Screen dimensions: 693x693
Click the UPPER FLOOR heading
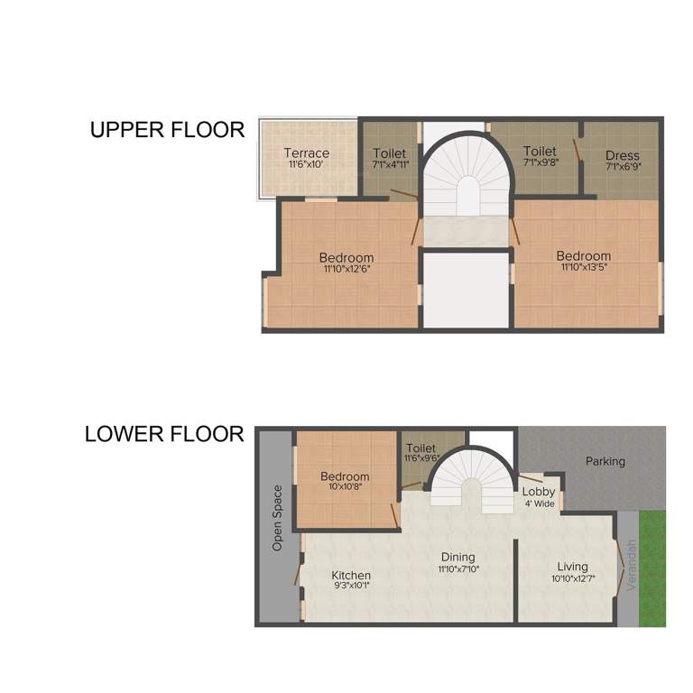pyautogui.click(x=167, y=130)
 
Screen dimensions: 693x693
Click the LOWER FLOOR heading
pyautogui.click(x=164, y=434)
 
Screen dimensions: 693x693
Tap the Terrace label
pyautogui.click(x=306, y=153)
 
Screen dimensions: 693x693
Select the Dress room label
pyautogui.click(x=622, y=156)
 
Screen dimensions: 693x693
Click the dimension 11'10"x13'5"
pyautogui.click(x=583, y=267)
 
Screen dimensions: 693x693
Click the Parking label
pyautogui.click(x=605, y=461)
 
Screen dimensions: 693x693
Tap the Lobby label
pyautogui.click(x=539, y=492)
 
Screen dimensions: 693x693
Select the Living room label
pyautogui.click(x=572, y=566)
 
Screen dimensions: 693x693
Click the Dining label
pyautogui.click(x=457, y=557)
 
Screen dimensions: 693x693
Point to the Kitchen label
pyautogui.click(x=351, y=575)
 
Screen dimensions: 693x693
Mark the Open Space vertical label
pyautogui.click(x=278, y=518)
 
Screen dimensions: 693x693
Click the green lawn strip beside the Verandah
pyautogui.click(x=652, y=568)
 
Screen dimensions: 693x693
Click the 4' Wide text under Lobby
pyautogui.click(x=539, y=504)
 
